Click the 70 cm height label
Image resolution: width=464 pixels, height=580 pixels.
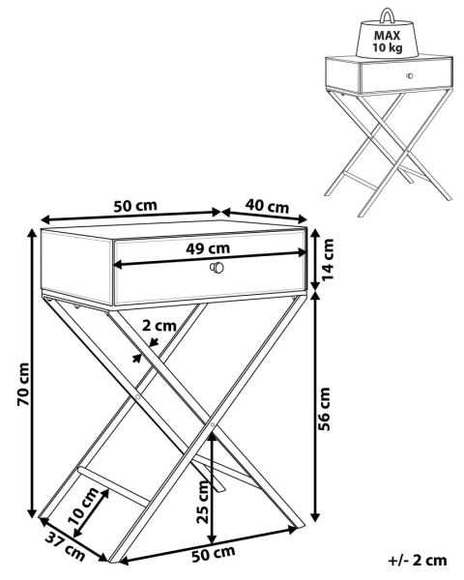point(23,384)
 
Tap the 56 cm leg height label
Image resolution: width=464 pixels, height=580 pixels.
point(324,409)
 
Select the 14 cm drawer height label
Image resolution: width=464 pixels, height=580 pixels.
point(328,259)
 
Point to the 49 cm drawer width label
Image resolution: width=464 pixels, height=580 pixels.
point(208,249)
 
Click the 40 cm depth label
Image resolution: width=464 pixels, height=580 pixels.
point(267,206)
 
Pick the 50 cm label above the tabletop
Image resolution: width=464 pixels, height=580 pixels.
point(135,206)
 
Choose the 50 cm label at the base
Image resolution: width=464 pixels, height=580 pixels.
point(214,553)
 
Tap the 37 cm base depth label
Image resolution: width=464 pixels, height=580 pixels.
point(66,546)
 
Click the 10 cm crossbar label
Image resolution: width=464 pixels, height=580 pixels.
point(84,507)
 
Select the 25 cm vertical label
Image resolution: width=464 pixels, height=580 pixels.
point(203,502)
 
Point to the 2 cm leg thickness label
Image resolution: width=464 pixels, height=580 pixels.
point(159,326)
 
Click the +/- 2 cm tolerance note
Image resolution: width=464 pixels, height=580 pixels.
point(418,561)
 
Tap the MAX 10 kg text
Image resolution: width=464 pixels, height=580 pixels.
point(388,42)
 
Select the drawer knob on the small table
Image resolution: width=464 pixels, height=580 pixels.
point(409,75)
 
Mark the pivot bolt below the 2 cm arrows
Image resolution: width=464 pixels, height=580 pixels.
point(137,396)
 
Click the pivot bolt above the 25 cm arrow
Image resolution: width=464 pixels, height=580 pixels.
point(213,424)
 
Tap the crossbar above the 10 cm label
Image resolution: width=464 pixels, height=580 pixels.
point(114,486)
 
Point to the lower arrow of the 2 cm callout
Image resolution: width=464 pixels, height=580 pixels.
point(137,358)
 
